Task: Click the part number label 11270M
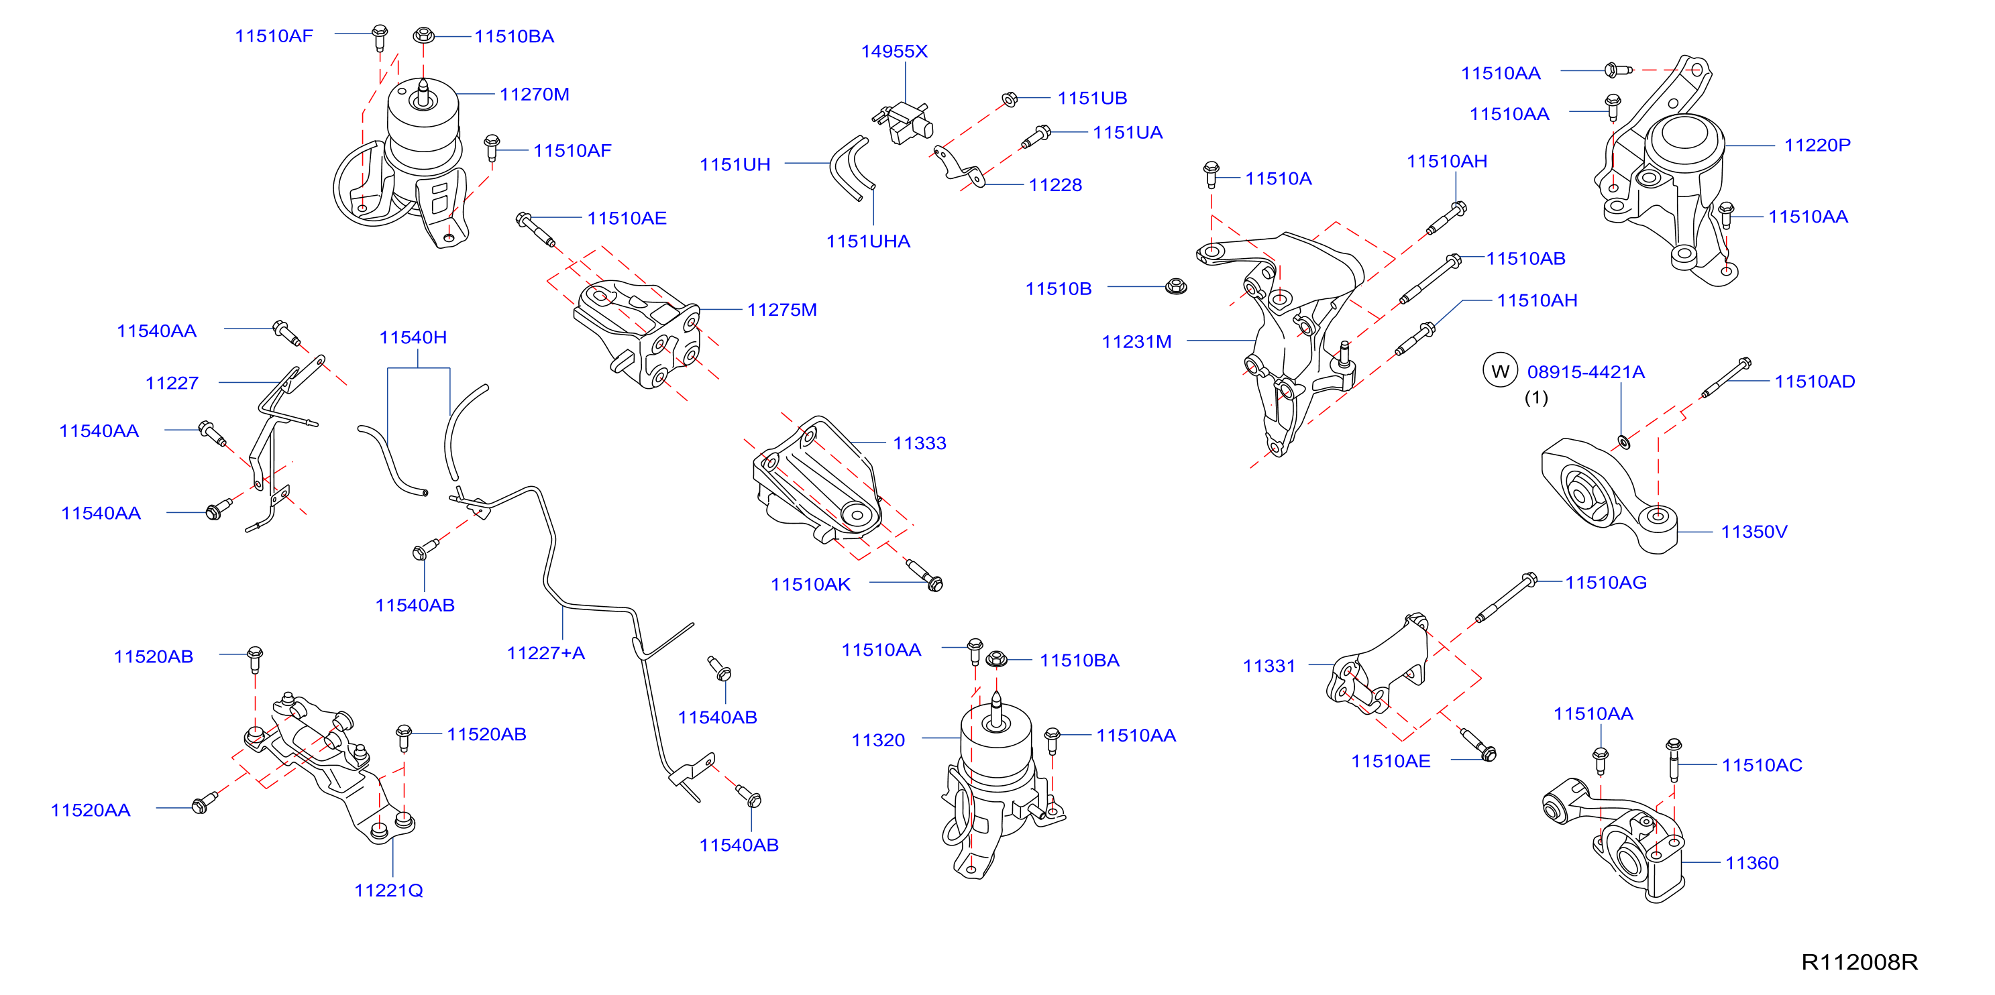[x=535, y=95]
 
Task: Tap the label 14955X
[x=894, y=51]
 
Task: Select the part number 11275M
[x=781, y=310]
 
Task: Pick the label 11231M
[x=1136, y=341]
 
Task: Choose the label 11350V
[x=1754, y=531]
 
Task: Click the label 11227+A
[x=545, y=653]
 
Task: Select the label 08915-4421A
[x=1585, y=371]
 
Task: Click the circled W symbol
[x=1499, y=371]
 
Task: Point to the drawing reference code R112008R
[x=1859, y=961]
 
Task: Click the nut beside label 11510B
[x=1176, y=286]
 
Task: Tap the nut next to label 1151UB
[x=1009, y=99]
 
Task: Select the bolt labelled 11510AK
[x=924, y=574]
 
